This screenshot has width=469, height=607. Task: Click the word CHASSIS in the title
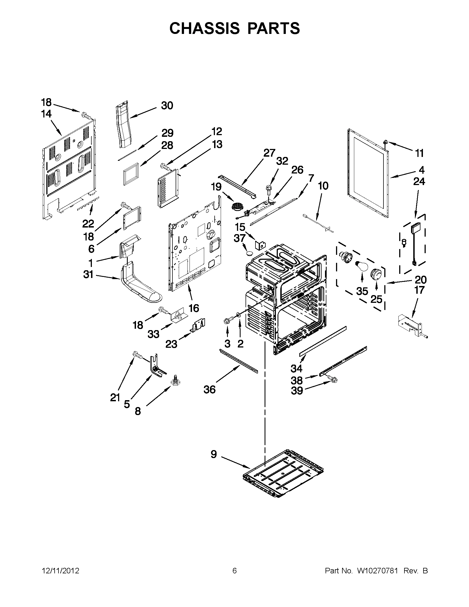(x=204, y=28)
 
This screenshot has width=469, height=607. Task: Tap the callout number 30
(x=167, y=106)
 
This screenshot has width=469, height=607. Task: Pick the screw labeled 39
(x=332, y=378)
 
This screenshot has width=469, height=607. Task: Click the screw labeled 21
(x=137, y=355)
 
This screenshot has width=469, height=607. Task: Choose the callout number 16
(x=194, y=308)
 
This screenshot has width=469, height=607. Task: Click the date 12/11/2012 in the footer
(x=61, y=571)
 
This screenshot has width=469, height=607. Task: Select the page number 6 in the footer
(x=234, y=571)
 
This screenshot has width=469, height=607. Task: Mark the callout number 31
(x=88, y=275)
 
